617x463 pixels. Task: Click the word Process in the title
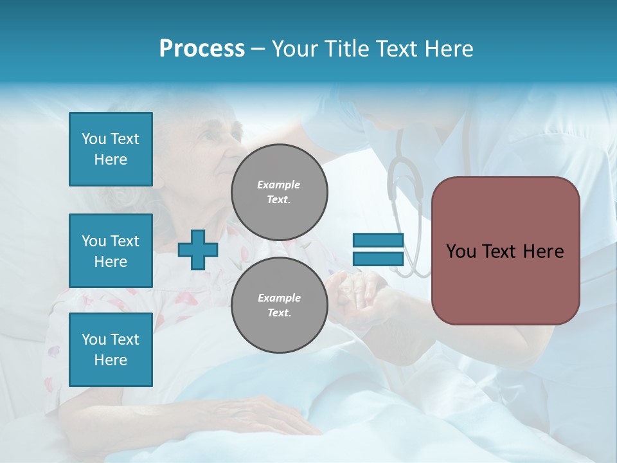[x=202, y=48]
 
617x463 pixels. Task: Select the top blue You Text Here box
[x=111, y=149]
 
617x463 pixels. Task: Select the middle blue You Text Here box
[x=111, y=251]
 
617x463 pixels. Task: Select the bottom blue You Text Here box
[x=111, y=349]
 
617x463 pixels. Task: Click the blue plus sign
[x=197, y=250]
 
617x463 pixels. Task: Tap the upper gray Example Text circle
[x=279, y=192]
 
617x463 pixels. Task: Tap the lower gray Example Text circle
[x=279, y=305]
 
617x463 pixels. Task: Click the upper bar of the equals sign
[x=378, y=241]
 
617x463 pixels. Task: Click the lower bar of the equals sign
[x=378, y=259]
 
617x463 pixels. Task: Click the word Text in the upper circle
[x=279, y=199]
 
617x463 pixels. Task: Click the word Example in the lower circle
[x=279, y=298]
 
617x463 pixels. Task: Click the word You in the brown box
[x=461, y=251]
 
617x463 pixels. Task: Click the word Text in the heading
[x=395, y=48]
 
